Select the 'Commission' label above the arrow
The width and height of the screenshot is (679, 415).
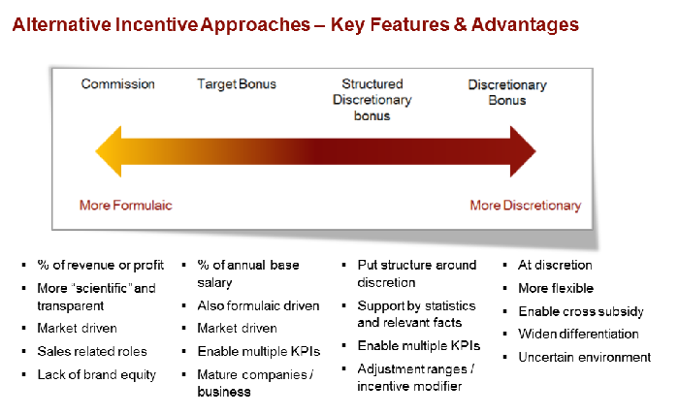[117, 84]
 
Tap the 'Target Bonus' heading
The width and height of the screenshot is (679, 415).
[237, 84]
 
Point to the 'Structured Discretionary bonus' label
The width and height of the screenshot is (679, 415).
[372, 100]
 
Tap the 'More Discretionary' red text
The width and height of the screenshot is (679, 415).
[525, 206]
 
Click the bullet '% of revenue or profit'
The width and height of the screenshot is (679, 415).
[101, 265]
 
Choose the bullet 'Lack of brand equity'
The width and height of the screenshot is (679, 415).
[96, 374]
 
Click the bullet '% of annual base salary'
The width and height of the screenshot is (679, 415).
[248, 272]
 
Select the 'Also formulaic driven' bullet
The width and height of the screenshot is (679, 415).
[258, 305]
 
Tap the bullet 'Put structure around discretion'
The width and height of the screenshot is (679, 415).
[416, 273]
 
